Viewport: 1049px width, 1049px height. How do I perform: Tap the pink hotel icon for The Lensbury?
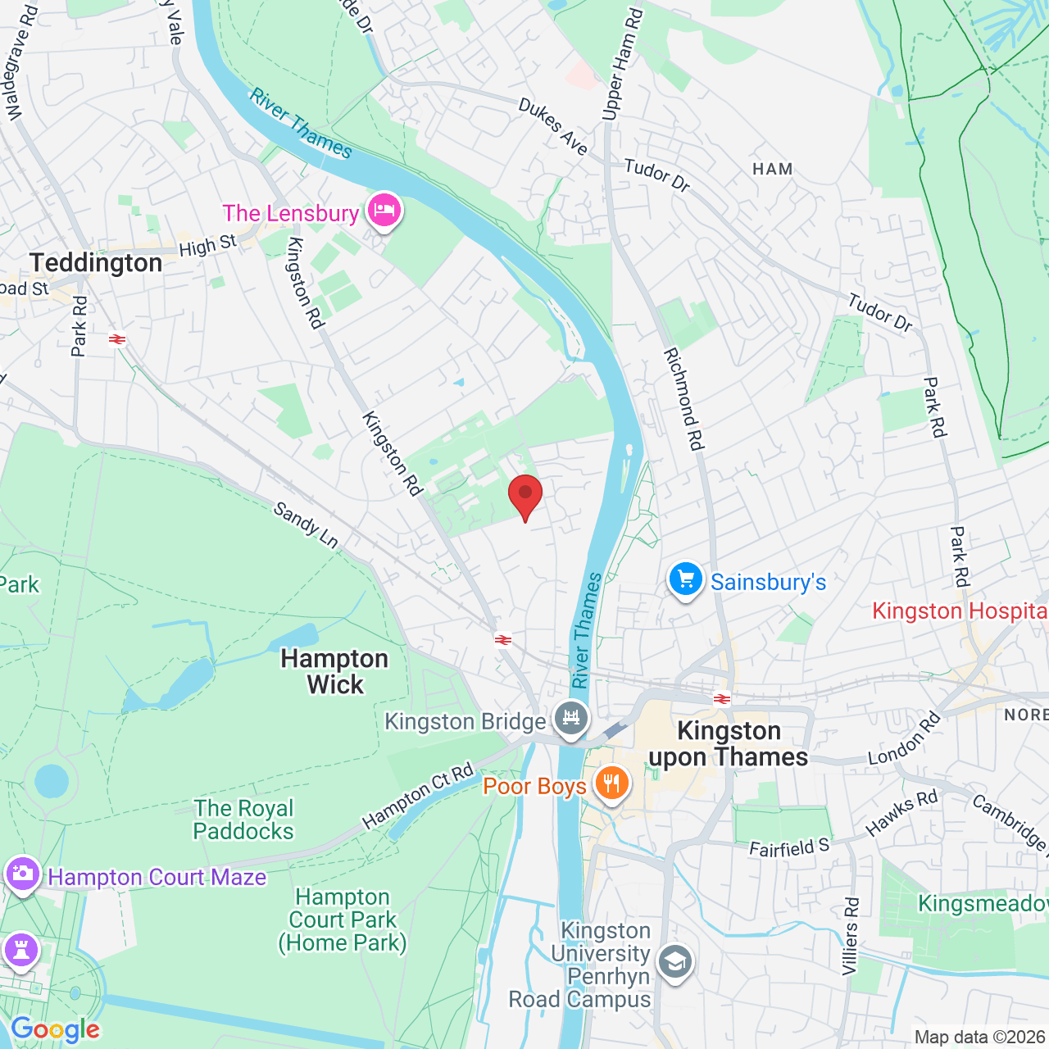point(384,211)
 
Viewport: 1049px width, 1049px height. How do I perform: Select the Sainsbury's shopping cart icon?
point(685,579)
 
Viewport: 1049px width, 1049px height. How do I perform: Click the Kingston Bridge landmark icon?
point(571,719)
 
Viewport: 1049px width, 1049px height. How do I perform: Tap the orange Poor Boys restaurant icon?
point(611,783)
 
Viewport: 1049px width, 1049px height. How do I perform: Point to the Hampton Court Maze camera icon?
point(22,874)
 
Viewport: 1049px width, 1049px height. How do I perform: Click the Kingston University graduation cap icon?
point(674,964)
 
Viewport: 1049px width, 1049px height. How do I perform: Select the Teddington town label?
point(96,263)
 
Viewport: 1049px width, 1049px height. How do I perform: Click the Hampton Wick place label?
point(334,671)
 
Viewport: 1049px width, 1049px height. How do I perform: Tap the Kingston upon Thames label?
point(729,743)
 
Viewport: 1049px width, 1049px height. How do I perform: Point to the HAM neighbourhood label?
point(772,169)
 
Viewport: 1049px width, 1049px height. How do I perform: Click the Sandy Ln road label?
point(306,525)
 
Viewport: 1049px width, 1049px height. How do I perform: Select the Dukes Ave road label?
point(553,127)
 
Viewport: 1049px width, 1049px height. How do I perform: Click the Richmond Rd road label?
point(683,399)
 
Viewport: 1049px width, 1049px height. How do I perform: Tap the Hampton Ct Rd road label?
point(418,795)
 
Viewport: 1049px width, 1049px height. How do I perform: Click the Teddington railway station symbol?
point(117,338)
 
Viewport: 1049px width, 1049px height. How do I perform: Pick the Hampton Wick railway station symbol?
point(503,640)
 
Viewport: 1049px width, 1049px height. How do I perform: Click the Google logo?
point(55,1029)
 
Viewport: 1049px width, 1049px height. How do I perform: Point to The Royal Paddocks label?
point(243,820)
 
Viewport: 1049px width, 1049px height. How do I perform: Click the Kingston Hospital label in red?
point(959,611)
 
